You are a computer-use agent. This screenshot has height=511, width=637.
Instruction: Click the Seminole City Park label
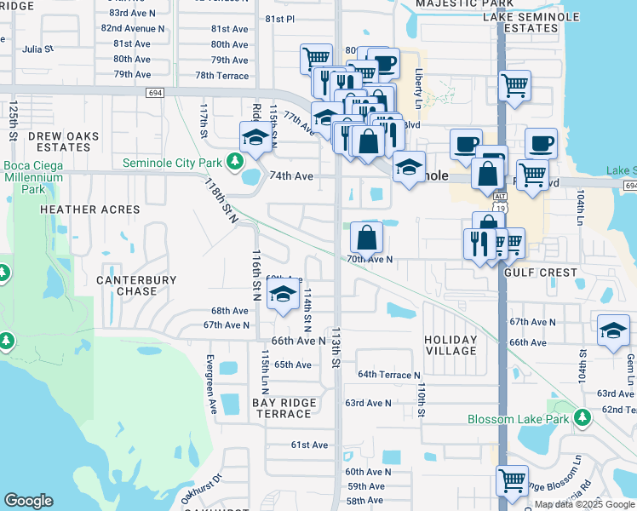coord(173,162)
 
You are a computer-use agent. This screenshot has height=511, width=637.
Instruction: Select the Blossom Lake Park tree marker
coord(582,418)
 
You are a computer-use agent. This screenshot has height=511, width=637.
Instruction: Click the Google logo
coord(28,500)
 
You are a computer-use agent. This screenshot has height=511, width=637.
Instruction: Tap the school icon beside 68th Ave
coord(283,296)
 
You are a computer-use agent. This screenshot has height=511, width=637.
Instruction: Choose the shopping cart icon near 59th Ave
coord(512,479)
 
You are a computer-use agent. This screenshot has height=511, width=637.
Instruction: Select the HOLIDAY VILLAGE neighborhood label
coord(450,345)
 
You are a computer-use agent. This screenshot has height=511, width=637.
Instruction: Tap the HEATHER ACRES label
coord(90,210)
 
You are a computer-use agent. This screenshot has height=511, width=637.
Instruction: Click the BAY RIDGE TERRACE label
coord(284,408)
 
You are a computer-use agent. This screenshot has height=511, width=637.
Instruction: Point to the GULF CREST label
coord(540,273)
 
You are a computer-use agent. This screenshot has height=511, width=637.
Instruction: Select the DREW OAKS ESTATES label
coord(64,141)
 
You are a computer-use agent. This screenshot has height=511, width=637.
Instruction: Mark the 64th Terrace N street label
coord(388,375)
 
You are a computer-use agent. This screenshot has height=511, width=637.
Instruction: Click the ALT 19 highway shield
coord(502,200)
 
